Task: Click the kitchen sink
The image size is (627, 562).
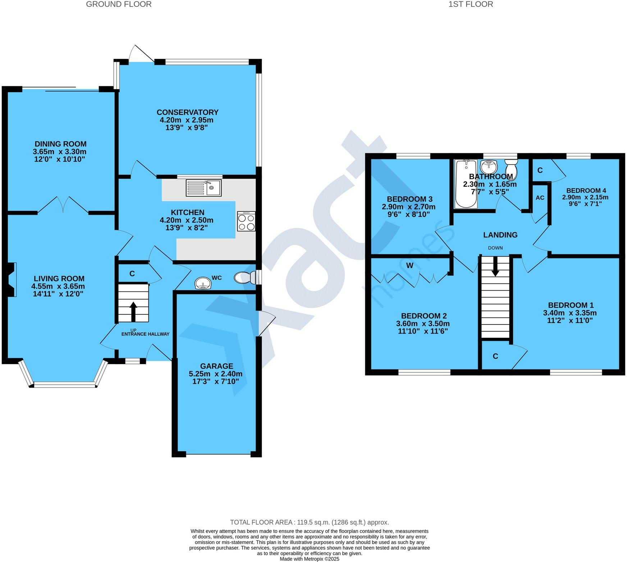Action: (203, 187)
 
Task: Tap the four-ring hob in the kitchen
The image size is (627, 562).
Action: (246, 221)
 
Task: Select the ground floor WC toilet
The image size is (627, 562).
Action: (244, 277)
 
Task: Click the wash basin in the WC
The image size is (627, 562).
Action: (203, 284)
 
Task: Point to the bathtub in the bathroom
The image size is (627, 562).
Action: (466, 184)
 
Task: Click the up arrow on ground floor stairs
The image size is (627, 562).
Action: (133, 311)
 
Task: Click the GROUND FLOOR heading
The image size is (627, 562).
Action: (119, 4)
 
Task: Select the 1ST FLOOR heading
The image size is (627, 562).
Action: (471, 4)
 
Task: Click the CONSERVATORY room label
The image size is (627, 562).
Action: (187, 112)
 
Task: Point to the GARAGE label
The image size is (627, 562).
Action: (216, 366)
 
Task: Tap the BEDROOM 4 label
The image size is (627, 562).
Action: (583, 191)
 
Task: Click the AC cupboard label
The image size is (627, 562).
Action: (540, 198)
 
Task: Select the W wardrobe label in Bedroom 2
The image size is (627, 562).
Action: (409, 266)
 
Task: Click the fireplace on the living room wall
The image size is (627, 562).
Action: (12, 280)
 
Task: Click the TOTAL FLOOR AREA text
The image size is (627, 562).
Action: (309, 522)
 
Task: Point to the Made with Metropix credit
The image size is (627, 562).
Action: (309, 559)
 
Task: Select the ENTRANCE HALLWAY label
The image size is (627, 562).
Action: (145, 334)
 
